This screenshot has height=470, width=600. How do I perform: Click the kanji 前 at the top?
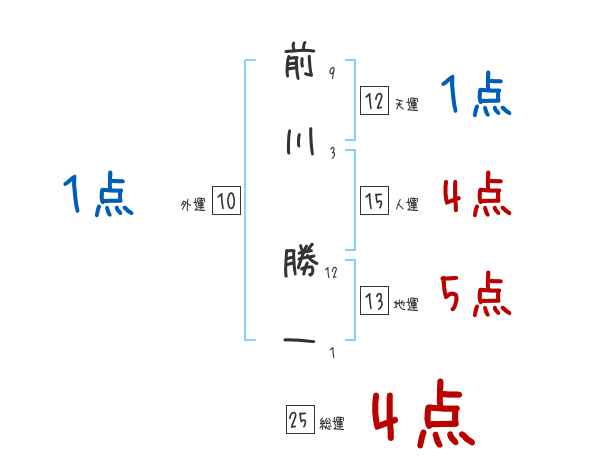coord(300,64)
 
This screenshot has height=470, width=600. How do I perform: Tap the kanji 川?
coord(300,142)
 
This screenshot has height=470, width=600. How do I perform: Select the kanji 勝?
coord(301,262)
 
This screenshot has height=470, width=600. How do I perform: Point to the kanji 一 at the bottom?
coord(299,340)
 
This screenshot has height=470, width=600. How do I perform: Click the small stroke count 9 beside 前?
coord(332,72)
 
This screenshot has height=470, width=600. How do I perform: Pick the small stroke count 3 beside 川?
coord(333,153)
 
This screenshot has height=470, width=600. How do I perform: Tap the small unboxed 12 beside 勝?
coord(331,273)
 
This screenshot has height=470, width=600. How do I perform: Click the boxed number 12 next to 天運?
coord(374,101)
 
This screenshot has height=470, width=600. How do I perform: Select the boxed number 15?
coord(374,201)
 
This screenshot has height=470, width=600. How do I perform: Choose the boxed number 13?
coord(374,300)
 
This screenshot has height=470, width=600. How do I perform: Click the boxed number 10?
coord(226,201)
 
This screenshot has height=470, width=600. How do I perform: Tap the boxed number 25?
coord(300,419)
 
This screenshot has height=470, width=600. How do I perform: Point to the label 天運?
coord(407,104)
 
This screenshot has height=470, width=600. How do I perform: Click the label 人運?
coord(407,204)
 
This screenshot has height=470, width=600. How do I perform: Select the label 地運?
coord(406,304)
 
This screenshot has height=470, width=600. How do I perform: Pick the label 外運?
coord(193,205)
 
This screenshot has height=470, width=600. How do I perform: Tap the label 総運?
coord(332,423)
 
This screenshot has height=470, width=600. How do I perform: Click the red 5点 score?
coord(475,294)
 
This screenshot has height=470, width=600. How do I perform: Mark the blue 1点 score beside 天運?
coord(476,94)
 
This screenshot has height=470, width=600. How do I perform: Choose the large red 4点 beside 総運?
coord(424,413)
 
